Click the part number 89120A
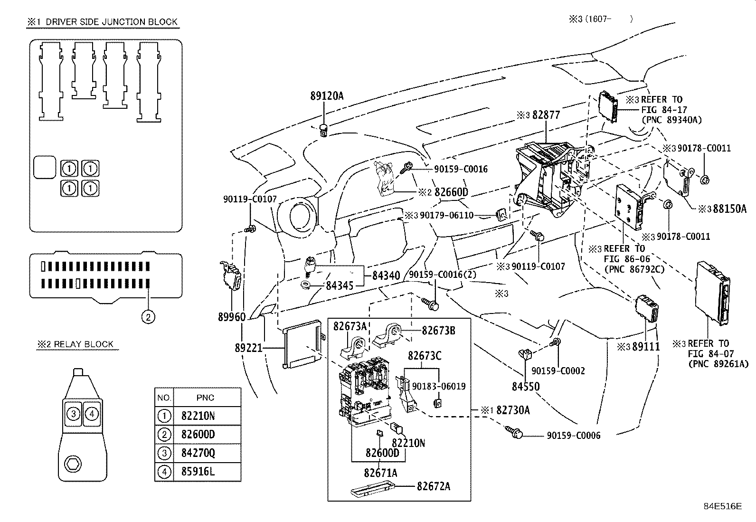click(x=327, y=96)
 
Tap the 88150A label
click(x=729, y=209)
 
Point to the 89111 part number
click(x=646, y=347)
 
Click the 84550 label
click(x=526, y=387)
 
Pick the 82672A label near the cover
click(x=434, y=486)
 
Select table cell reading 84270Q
click(x=198, y=453)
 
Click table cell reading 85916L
click(x=198, y=472)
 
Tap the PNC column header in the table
click(x=205, y=398)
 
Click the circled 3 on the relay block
click(x=73, y=414)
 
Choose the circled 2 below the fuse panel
click(x=148, y=316)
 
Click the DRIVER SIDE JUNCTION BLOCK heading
click(x=111, y=22)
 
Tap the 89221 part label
click(x=248, y=348)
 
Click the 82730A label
click(x=513, y=410)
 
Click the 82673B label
click(x=438, y=331)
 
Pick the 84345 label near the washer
click(x=340, y=286)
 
